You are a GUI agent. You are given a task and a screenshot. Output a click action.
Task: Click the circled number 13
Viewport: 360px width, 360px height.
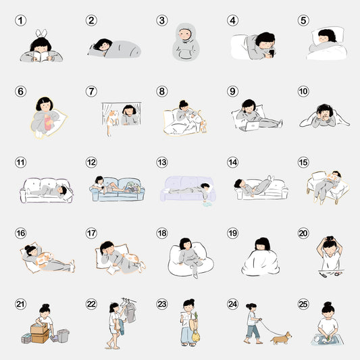(x=162, y=162)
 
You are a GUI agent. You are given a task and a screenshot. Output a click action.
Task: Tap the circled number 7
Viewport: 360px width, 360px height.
(x=91, y=91)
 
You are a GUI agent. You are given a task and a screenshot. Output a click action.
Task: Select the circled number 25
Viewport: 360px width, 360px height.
(x=303, y=304)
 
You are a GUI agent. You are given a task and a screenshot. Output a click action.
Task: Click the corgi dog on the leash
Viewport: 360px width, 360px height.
(x=281, y=338)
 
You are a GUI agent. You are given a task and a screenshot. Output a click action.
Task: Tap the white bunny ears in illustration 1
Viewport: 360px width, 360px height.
(x=41, y=33)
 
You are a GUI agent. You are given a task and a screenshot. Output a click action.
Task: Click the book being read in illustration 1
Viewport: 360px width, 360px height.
(x=41, y=56)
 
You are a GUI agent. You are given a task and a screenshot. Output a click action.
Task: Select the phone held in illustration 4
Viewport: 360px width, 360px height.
(x=272, y=53)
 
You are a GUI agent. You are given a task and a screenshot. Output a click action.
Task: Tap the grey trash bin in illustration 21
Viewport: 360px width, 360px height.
(x=63, y=336)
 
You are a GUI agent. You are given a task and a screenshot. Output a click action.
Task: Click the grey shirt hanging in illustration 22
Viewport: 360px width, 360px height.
(x=130, y=312)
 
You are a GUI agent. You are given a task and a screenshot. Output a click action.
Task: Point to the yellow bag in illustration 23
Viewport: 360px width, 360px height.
(x=196, y=336)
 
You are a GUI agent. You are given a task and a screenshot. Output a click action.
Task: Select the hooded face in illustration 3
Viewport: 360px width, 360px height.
(x=185, y=34)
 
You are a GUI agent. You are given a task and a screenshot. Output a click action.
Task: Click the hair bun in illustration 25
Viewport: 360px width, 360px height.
(x=328, y=305)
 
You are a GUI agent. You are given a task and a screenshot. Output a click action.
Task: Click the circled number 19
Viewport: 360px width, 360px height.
(x=232, y=233)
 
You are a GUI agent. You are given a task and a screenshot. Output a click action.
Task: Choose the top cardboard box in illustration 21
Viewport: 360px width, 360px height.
(x=39, y=328)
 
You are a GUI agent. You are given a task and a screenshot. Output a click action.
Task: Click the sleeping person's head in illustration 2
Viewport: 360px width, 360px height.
(x=103, y=45)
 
